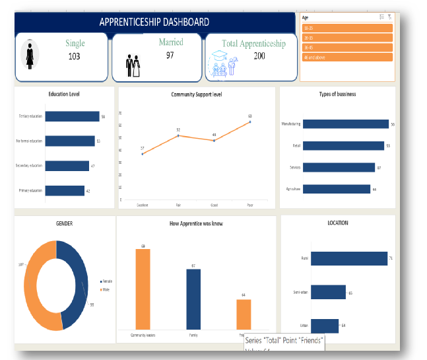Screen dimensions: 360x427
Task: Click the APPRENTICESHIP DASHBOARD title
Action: tap(154, 22)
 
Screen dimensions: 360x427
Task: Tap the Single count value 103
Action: tap(75, 57)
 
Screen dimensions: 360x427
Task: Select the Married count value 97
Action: tap(170, 55)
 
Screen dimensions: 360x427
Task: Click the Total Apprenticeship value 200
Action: tap(259, 57)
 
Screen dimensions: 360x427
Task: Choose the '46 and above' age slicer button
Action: tap(347, 57)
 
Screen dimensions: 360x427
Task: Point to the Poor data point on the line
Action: tap(250, 122)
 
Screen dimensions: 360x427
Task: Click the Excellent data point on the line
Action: tap(143, 154)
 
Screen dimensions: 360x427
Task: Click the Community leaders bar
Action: tap(143, 289)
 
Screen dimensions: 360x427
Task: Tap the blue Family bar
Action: tap(193, 299)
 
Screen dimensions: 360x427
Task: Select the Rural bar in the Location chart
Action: tap(348, 258)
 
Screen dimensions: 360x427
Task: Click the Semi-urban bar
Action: tap(327, 292)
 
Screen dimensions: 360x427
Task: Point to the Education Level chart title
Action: tap(64, 94)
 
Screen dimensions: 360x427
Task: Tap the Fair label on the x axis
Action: tap(178, 205)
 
